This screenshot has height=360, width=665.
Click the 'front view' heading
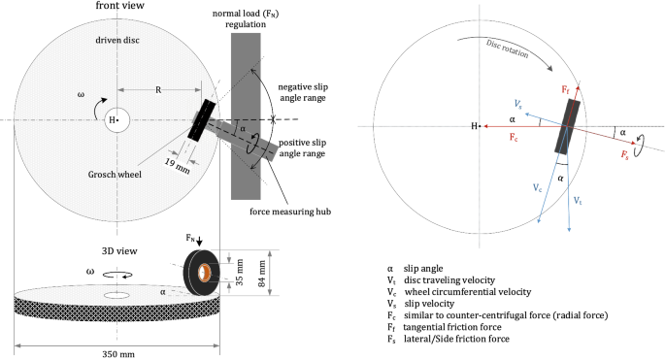[x=119, y=6]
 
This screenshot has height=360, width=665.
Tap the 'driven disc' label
[x=117, y=41]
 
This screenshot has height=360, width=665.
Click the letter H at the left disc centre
[x=112, y=120]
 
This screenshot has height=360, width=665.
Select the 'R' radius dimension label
[x=158, y=90]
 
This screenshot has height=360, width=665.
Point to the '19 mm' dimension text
[x=177, y=165]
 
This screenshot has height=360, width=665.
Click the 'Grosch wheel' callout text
[x=115, y=175]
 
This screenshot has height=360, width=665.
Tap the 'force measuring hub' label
[x=290, y=212]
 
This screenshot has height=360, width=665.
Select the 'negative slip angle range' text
[x=303, y=92]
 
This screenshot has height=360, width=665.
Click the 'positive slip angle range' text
[x=302, y=148]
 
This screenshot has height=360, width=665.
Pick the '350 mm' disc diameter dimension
[x=118, y=353]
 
